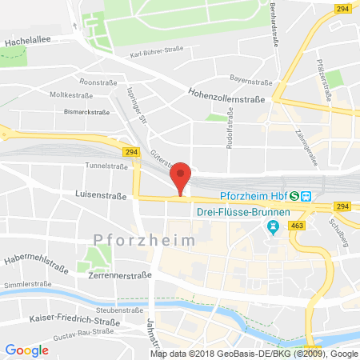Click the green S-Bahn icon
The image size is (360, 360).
point(295,196)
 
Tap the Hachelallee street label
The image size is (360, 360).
point(29,37)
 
